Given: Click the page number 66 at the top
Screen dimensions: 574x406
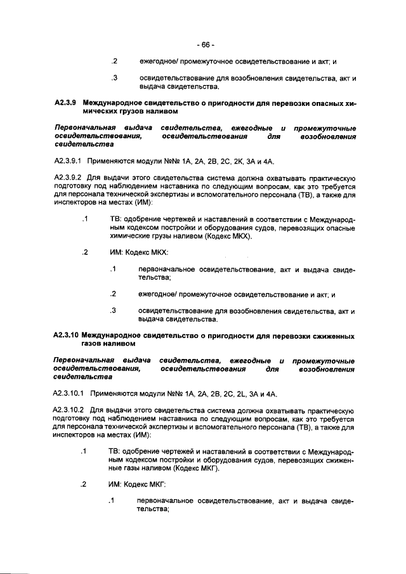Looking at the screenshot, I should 206,45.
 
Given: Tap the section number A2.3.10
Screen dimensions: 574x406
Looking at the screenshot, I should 66,334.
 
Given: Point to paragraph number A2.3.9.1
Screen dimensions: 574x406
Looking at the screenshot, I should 68,162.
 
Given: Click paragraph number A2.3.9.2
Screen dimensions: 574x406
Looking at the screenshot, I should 68,178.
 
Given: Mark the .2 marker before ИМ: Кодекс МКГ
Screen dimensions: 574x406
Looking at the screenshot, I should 84,485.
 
